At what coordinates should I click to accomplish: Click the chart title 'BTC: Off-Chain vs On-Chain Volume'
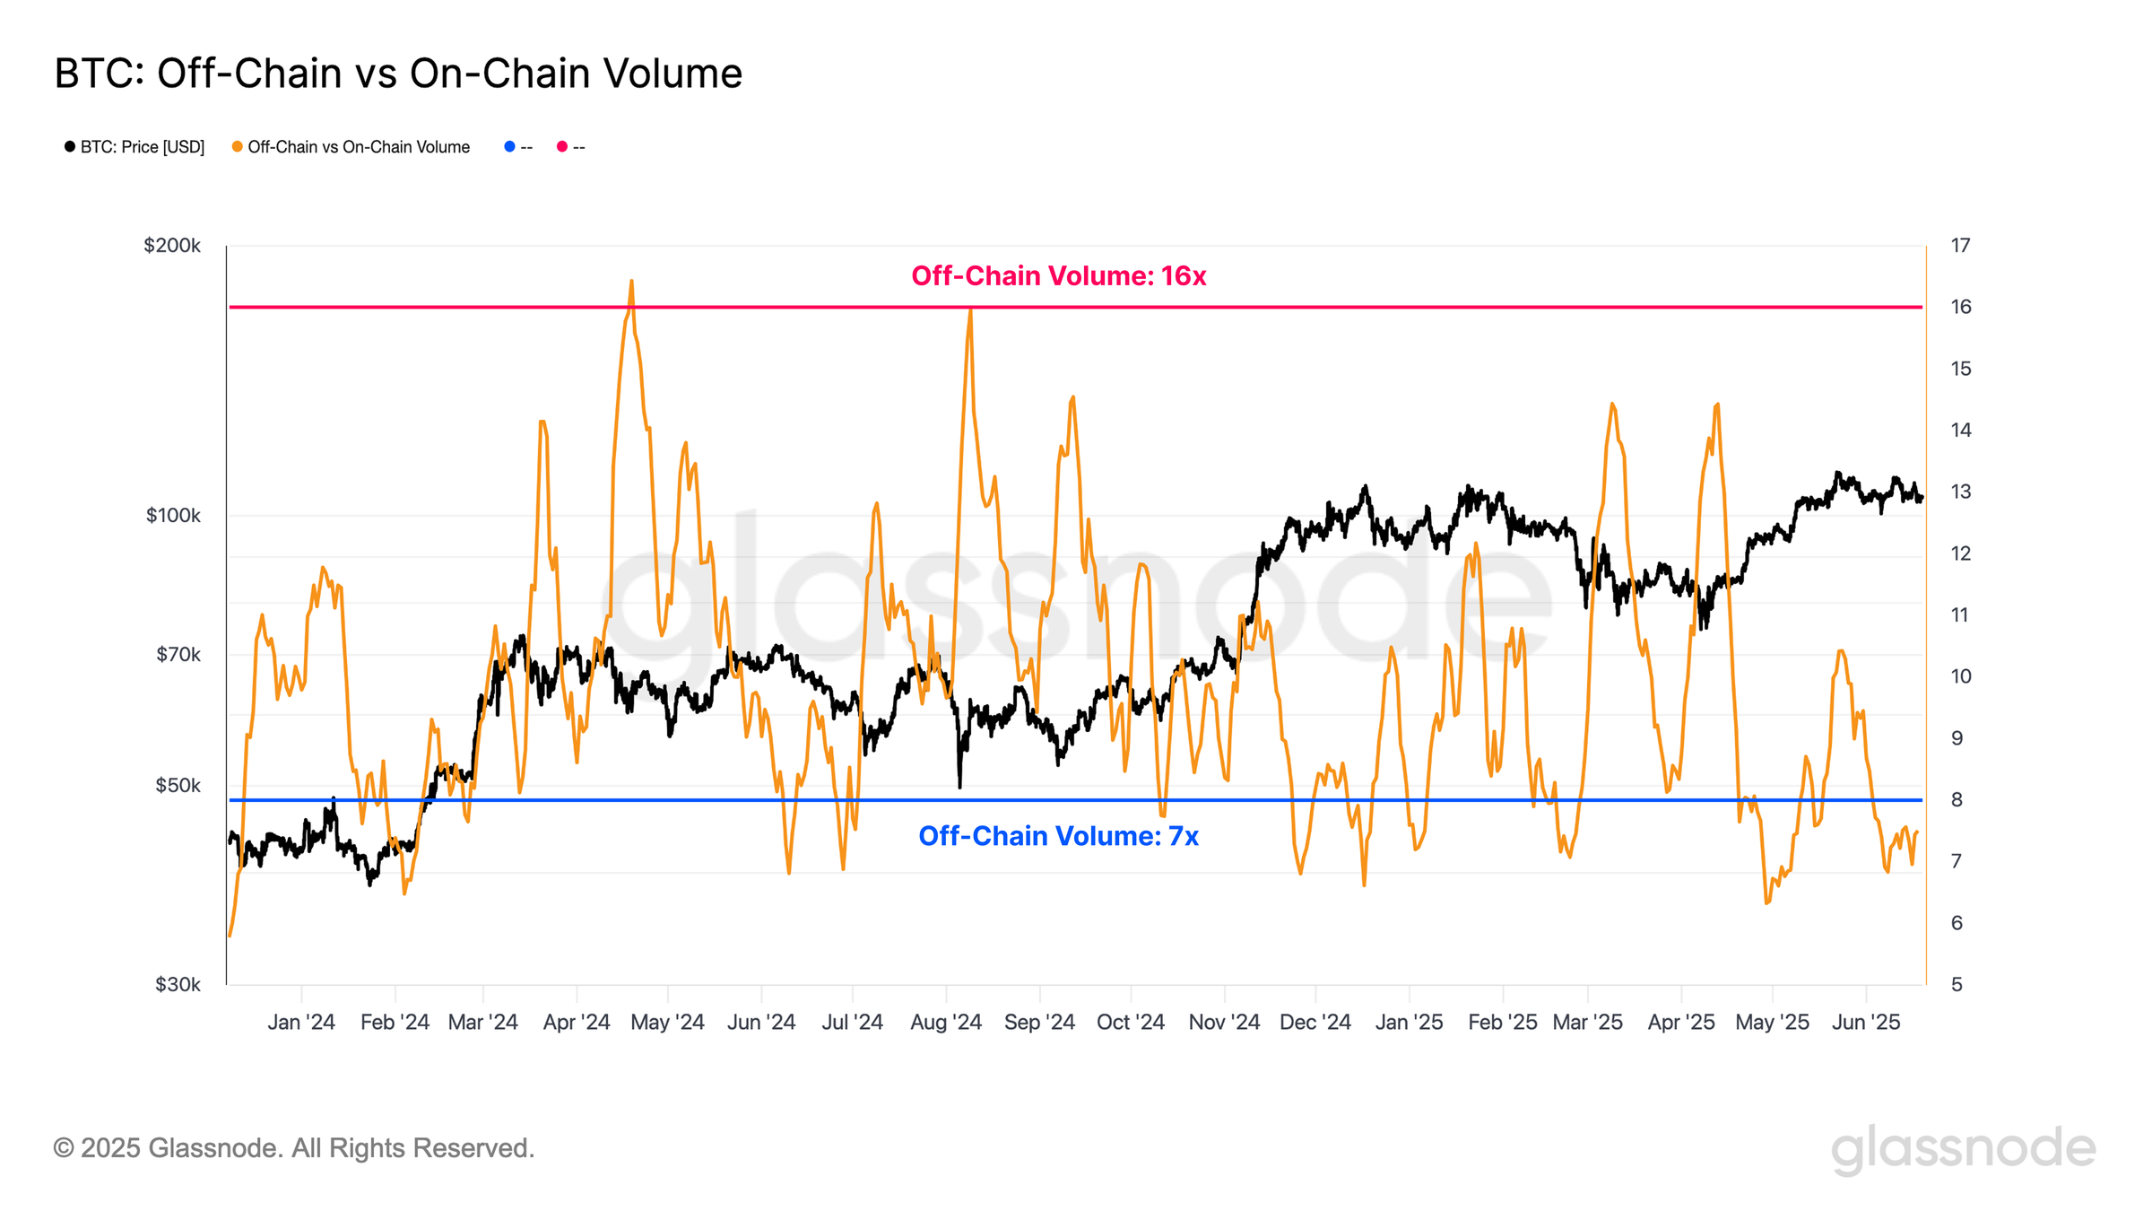[x=398, y=74]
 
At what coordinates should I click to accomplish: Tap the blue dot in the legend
[x=509, y=146]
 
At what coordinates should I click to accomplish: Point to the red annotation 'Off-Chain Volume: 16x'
[x=1058, y=276]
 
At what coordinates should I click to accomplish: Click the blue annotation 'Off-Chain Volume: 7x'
[x=1058, y=836]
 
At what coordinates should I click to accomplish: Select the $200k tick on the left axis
[x=172, y=246]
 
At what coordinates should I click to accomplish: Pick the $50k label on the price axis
[x=178, y=786]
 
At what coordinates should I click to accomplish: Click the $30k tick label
[x=178, y=985]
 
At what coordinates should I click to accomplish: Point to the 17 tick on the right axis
[x=1960, y=246]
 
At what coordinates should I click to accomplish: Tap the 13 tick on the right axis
[x=1960, y=492]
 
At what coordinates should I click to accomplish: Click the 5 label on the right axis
[x=1957, y=985]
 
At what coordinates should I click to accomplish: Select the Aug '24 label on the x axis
[x=946, y=1023]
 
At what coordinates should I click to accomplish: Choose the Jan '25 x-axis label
[x=1409, y=1023]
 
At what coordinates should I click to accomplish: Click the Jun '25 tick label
[x=1866, y=1023]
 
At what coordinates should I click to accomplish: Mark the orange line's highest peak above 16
[x=631, y=282]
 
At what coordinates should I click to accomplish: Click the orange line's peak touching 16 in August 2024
[x=970, y=309]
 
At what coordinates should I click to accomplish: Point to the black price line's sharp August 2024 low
[x=959, y=787]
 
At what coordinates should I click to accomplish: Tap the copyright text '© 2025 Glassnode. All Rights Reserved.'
[x=294, y=1148]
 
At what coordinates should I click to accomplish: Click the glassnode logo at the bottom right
[x=1963, y=1149]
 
